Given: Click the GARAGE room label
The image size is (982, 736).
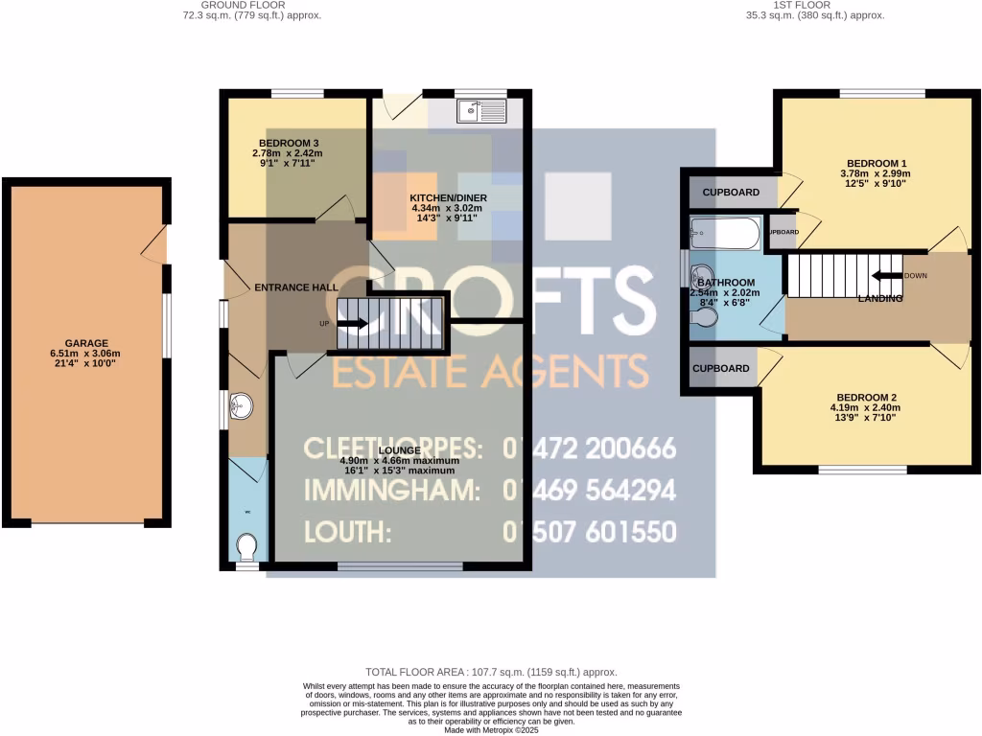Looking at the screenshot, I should [x=86, y=343].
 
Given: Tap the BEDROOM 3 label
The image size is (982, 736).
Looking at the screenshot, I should [x=288, y=144].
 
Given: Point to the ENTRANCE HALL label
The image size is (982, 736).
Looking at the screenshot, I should [x=294, y=287].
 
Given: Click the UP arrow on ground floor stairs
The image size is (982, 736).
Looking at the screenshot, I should [x=352, y=324].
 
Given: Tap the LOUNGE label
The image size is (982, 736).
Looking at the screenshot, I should [x=397, y=449].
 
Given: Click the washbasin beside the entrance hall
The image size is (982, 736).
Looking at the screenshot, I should [x=239, y=410].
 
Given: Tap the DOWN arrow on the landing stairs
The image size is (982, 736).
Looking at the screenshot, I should [x=886, y=276].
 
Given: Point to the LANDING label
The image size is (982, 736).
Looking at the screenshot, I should [x=880, y=299].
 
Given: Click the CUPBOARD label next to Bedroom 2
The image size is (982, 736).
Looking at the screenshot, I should [x=721, y=368].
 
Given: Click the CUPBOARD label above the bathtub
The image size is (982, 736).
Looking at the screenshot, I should [x=731, y=193].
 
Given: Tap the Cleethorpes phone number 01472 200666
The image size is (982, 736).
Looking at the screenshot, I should [x=590, y=448].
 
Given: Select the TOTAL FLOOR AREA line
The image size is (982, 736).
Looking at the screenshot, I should [x=491, y=673].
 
